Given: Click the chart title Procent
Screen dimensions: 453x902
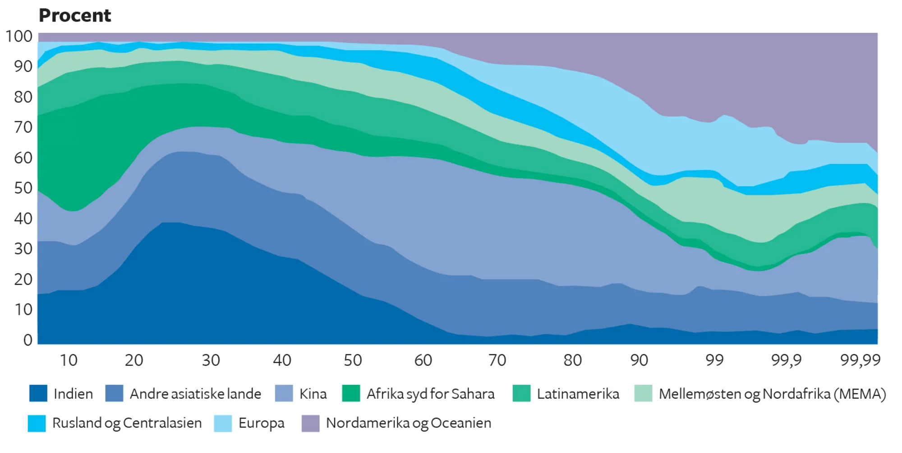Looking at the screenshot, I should (x=75, y=16).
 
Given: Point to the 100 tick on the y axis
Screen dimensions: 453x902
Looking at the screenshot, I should (x=19, y=36).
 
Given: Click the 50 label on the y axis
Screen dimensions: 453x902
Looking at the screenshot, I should (x=23, y=188).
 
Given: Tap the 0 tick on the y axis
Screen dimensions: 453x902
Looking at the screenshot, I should (x=28, y=340).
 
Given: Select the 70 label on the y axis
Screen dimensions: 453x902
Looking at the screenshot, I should (x=23, y=127).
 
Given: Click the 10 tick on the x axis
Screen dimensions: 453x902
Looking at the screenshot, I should (x=69, y=360).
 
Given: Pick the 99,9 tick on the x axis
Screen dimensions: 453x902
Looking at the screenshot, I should (x=786, y=360).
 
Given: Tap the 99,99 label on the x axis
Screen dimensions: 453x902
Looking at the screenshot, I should (x=860, y=360).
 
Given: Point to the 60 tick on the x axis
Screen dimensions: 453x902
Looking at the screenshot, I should (x=423, y=360).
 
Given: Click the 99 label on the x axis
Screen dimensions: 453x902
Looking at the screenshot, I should (x=714, y=360).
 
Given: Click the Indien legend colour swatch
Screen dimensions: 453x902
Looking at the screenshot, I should (x=38, y=393).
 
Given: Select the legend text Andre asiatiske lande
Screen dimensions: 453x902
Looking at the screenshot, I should (x=195, y=394).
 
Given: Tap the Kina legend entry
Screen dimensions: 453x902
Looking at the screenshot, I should (x=313, y=394).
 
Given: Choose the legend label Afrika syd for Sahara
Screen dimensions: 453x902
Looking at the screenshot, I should (x=430, y=394).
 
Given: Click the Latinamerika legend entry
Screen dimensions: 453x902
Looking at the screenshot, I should (x=578, y=394).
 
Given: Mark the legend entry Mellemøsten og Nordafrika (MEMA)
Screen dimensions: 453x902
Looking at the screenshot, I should (x=772, y=394).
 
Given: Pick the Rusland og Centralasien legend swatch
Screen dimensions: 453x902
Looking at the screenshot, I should (x=37, y=423).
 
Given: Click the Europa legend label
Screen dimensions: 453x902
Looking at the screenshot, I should (x=262, y=423).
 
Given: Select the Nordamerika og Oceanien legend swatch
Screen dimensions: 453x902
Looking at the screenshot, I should (x=311, y=423).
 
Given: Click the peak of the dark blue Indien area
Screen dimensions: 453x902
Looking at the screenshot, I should (x=171, y=223).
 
